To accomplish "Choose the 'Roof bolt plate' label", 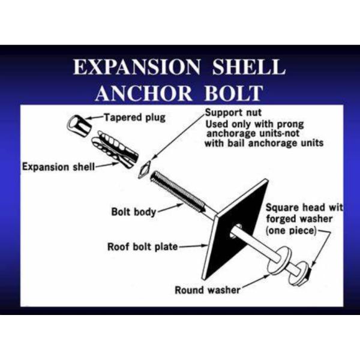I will point(142,247).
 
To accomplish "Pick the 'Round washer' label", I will point(208,290).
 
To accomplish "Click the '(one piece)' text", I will point(290,231).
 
